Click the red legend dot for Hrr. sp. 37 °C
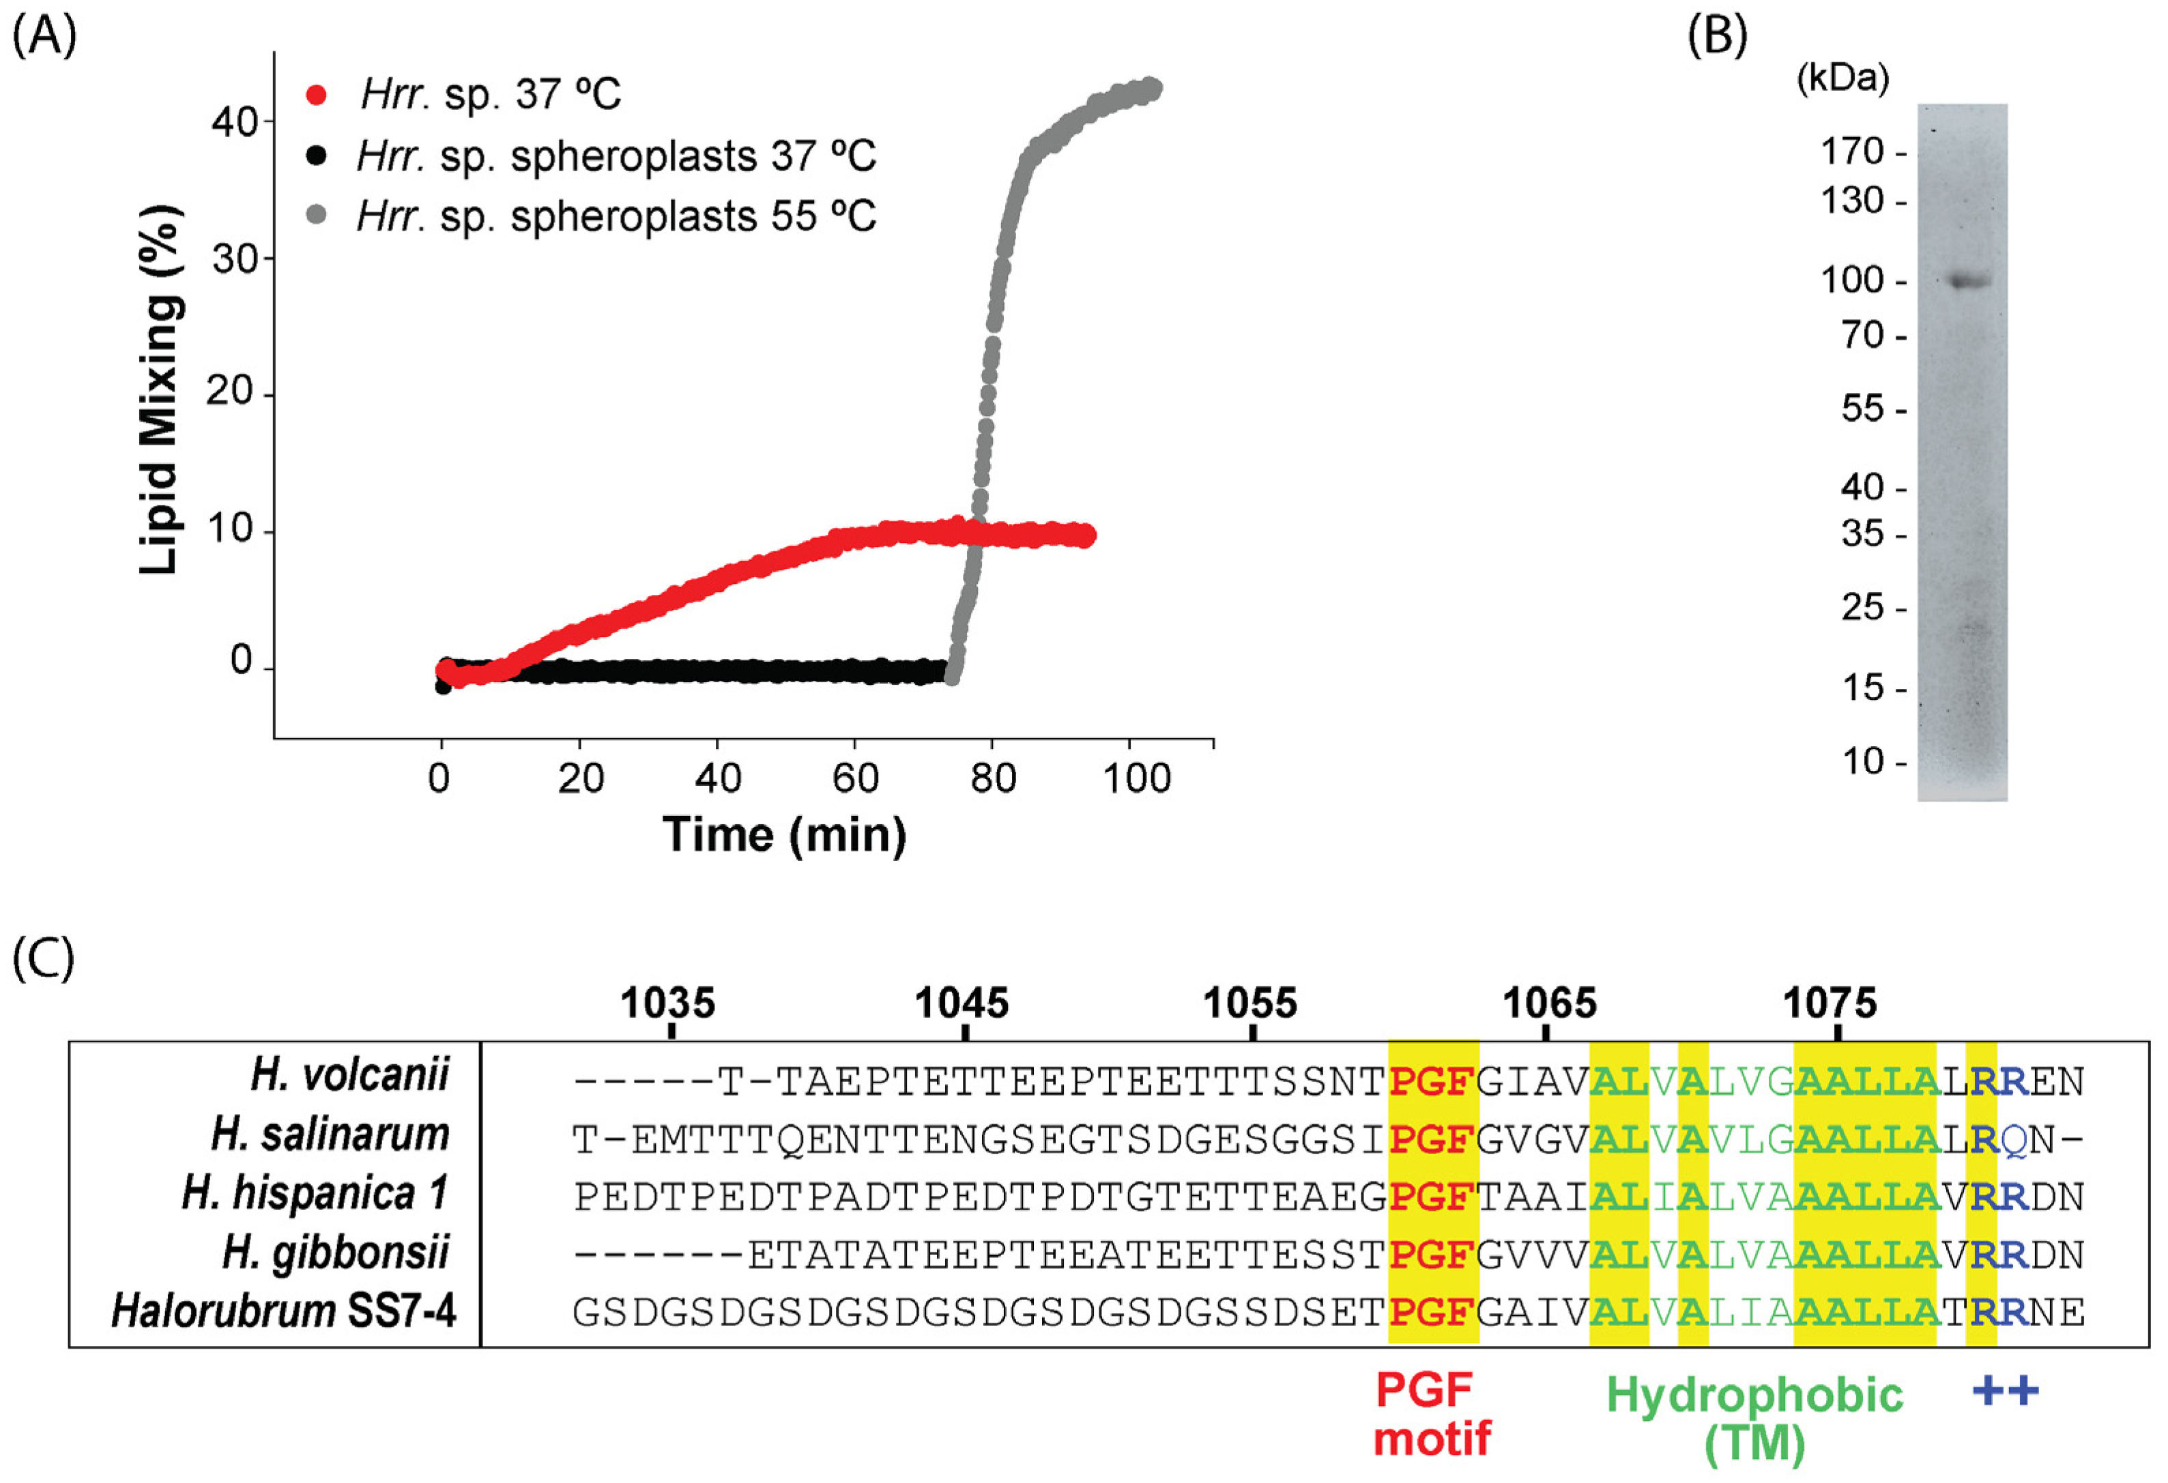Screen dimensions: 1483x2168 316,95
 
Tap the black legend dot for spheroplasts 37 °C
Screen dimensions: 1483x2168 316,156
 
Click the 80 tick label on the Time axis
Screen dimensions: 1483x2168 993,778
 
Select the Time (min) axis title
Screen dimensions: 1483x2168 783,834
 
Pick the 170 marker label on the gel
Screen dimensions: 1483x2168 1852,151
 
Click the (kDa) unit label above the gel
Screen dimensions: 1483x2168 1842,77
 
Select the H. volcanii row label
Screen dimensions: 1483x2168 350,1074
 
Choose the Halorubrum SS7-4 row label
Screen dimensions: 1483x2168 284,1310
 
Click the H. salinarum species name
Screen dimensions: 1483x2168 330,1134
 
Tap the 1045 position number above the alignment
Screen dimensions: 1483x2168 961,1003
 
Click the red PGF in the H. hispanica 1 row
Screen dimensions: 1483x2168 1431,1196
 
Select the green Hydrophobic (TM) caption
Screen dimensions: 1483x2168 1754,1418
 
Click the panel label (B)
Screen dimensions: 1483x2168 1716,35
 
